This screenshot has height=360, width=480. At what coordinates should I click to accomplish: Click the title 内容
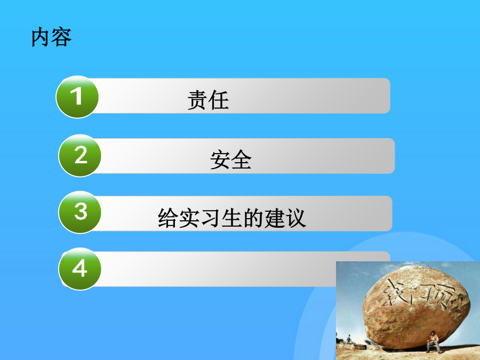(51, 37)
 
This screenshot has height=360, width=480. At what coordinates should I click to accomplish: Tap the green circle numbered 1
(77, 97)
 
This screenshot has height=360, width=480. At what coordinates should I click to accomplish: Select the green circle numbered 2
(80, 156)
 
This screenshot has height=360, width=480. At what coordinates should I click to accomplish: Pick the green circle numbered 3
(80, 212)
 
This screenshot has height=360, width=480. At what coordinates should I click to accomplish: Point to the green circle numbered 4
(80, 269)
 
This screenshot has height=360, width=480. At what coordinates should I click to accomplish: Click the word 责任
(208, 100)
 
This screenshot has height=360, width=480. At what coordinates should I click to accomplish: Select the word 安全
(231, 159)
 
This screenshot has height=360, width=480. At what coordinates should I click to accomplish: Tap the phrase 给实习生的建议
(232, 218)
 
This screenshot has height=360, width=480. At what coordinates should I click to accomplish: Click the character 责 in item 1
(197, 100)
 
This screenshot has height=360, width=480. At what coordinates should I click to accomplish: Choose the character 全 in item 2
(242, 159)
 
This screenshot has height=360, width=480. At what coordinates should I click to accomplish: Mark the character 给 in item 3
(168, 218)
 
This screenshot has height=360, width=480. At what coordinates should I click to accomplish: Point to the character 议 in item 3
(296, 218)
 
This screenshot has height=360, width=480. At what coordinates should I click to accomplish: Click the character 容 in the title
(62, 37)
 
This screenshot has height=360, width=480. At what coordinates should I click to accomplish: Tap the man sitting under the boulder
(434, 342)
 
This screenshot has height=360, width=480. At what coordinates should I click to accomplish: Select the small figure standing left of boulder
(349, 339)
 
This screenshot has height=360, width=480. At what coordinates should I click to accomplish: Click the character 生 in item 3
(232, 218)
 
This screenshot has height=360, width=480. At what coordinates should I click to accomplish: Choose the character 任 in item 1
(219, 100)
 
